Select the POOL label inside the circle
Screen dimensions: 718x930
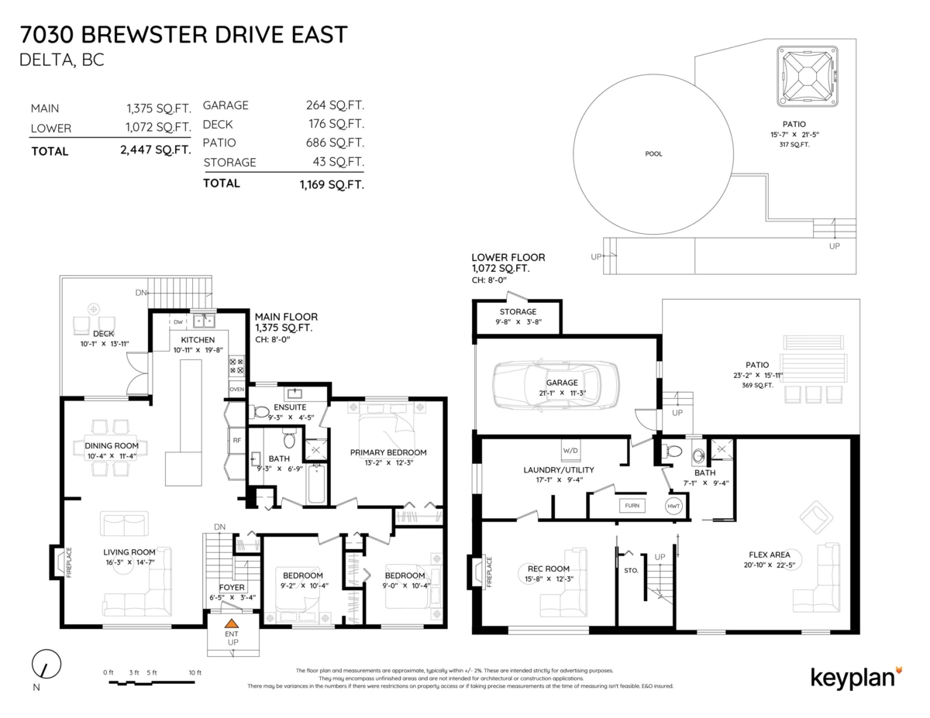[x=653, y=153]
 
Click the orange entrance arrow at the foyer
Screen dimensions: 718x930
[x=231, y=623]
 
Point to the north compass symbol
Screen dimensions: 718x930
[x=46, y=664]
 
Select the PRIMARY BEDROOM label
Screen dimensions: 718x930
[x=387, y=452]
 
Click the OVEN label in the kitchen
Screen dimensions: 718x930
[x=237, y=388]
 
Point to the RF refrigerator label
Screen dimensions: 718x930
[x=237, y=440]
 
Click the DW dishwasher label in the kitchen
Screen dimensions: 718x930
[x=177, y=321]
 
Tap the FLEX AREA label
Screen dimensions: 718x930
[x=769, y=555]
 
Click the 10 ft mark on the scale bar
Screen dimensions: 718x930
[x=195, y=672]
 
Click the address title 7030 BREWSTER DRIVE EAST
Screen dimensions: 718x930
[x=184, y=35]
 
